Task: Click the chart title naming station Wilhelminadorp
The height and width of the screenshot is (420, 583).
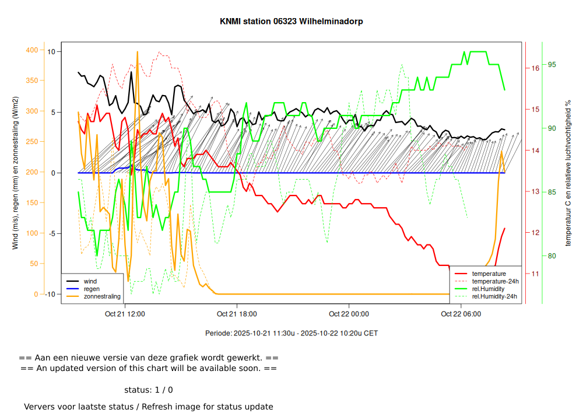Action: (x=291, y=22)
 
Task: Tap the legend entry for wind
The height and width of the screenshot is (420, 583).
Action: (x=90, y=281)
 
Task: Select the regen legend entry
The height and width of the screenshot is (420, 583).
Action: (x=92, y=289)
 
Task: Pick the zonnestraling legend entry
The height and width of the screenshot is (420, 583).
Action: (x=102, y=296)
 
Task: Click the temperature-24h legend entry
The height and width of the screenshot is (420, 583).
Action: (x=495, y=281)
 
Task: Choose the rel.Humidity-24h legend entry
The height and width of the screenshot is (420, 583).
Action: (x=494, y=296)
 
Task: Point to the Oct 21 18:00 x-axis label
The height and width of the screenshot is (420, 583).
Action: (x=237, y=314)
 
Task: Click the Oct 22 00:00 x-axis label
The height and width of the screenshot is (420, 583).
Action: (x=349, y=314)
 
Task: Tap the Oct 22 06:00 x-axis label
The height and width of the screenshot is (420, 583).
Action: (x=461, y=314)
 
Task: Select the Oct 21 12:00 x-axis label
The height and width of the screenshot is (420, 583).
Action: (x=125, y=314)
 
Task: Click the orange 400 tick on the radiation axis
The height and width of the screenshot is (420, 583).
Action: (x=32, y=50)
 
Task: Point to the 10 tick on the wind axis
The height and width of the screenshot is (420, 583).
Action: (x=51, y=52)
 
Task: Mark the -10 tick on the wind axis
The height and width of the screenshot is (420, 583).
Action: (x=50, y=294)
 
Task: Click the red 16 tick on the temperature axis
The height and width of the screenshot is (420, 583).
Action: (x=535, y=68)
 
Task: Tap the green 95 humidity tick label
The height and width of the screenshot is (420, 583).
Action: (x=552, y=65)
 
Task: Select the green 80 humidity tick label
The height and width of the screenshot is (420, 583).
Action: (x=552, y=256)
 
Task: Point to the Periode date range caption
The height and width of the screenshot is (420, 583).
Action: (x=291, y=334)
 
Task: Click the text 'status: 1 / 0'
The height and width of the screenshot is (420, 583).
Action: (x=149, y=390)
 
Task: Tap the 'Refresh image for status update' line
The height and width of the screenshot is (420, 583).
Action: (x=149, y=407)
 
